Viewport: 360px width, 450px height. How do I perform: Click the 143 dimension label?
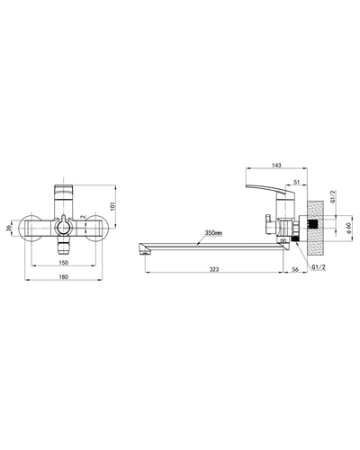coord(276,165)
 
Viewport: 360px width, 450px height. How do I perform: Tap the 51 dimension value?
coord(296,182)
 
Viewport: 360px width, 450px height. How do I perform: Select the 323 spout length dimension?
coord(214,269)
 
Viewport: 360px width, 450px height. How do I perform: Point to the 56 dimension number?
coord(295,269)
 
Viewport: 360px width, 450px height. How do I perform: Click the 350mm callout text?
coord(213,232)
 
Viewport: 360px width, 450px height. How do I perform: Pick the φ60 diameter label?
coord(348,228)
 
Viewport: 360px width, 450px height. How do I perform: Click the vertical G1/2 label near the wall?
coord(332,196)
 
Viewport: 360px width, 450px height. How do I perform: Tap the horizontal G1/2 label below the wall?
coord(319,266)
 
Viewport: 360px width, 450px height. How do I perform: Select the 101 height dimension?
coord(112,206)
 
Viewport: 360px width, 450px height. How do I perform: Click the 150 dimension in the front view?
coord(64,263)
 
